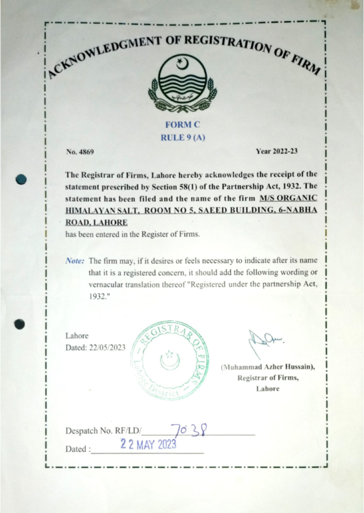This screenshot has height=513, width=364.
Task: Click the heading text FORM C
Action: (x=182, y=125)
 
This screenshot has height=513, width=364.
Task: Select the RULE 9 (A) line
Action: (x=182, y=138)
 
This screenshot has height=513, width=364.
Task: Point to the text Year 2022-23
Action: (x=277, y=151)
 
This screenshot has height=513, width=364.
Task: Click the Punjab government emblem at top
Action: (x=182, y=83)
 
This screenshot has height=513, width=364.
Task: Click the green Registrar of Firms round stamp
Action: (x=170, y=360)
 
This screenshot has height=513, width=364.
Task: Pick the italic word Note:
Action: (x=75, y=260)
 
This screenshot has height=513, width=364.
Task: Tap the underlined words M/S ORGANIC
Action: (x=288, y=198)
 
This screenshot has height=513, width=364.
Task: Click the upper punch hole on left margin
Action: (x=20, y=179)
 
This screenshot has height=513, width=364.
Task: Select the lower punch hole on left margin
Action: (x=19, y=324)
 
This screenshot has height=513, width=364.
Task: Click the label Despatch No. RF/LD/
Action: (x=103, y=431)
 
